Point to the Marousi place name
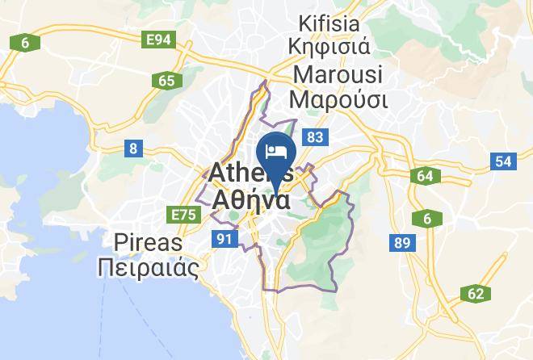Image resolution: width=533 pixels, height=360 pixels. [x=338, y=74]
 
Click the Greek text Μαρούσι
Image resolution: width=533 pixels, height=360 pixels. [x=338, y=99]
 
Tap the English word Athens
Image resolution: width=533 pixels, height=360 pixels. [x=250, y=173]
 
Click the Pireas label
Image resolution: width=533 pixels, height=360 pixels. [x=148, y=242]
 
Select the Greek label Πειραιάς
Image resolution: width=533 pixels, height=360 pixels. [x=148, y=267]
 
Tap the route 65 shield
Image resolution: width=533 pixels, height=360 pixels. [x=166, y=80]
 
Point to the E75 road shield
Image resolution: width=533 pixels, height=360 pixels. [x=184, y=214]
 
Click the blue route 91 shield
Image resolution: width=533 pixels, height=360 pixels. [x=225, y=238]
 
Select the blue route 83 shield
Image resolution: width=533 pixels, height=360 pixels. [x=314, y=138]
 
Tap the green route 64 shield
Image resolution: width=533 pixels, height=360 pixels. [x=426, y=176]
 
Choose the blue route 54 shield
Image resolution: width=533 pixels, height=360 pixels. [x=504, y=161]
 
